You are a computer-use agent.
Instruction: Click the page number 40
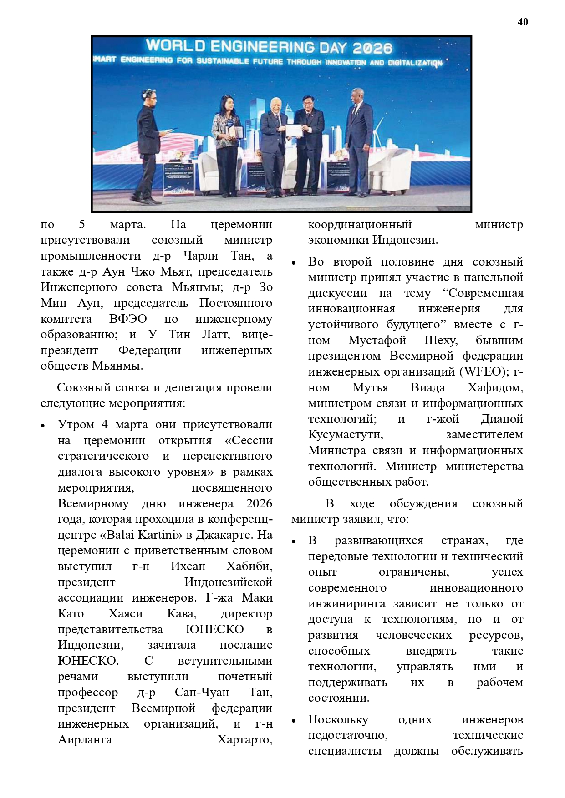pyautogui.click(x=523, y=22)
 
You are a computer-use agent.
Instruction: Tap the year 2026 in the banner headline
pyautogui.click(x=372, y=48)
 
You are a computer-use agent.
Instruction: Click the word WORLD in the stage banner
pyautogui.click(x=175, y=45)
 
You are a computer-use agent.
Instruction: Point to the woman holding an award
pyautogui.click(x=226, y=146)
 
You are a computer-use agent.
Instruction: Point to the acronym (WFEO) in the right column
pyautogui.click(x=484, y=372)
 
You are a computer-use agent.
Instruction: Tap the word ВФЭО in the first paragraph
pyautogui.click(x=128, y=319)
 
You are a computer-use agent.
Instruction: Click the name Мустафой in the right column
pyautogui.click(x=377, y=341)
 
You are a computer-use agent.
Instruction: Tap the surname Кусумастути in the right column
pyautogui.click(x=346, y=435)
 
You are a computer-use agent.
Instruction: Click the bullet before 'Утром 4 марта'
pyautogui.click(x=43, y=426)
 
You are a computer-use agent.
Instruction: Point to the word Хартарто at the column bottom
pyautogui.click(x=244, y=740)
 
